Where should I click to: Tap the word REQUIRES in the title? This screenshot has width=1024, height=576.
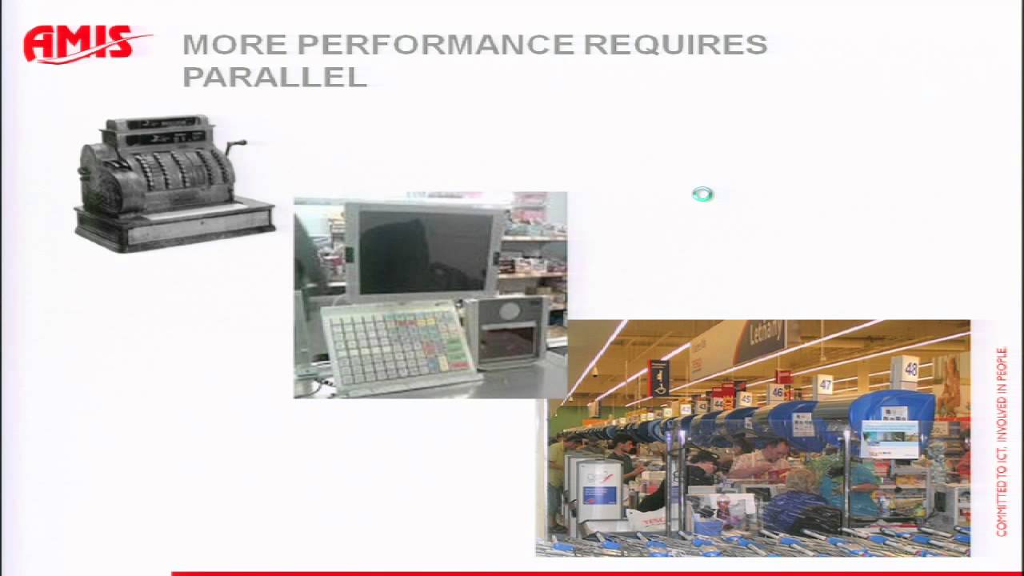[x=675, y=45]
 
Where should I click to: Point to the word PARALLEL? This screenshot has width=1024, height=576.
[x=274, y=77]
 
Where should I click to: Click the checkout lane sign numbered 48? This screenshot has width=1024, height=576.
[x=910, y=369]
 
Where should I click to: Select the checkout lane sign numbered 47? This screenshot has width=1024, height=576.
[x=825, y=386]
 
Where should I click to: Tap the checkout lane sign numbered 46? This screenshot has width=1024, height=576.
[x=776, y=392]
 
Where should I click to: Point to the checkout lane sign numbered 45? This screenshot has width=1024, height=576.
[x=745, y=398]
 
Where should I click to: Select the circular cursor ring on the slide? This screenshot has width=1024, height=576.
[x=702, y=194]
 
